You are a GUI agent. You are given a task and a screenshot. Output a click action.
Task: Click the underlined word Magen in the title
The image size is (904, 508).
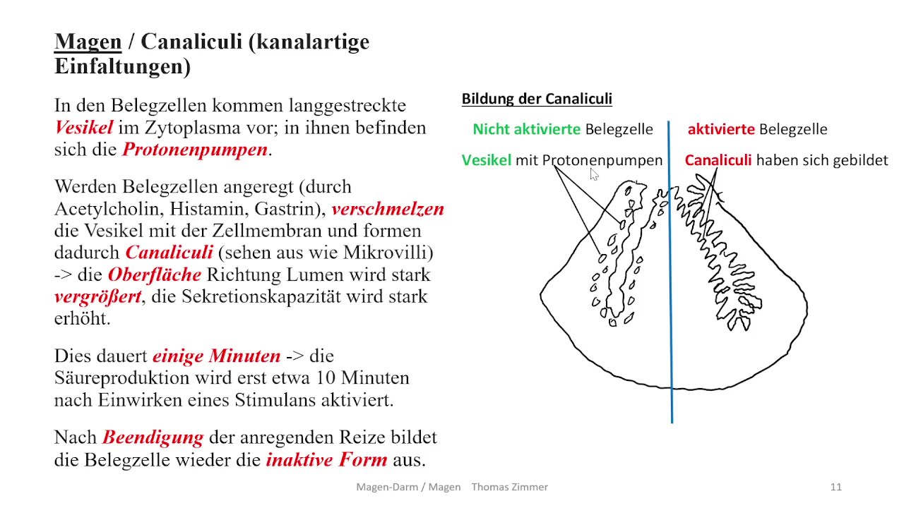pos(88,42)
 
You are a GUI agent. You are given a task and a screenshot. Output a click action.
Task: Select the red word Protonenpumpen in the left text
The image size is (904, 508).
pos(195,150)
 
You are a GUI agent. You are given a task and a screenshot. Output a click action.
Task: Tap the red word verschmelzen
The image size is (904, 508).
pos(387,210)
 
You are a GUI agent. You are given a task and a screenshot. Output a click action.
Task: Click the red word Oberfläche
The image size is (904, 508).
pos(154,274)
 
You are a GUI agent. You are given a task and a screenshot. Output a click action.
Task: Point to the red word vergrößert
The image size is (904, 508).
pos(97,296)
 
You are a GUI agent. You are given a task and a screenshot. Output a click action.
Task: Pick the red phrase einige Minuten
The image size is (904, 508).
pos(216,356)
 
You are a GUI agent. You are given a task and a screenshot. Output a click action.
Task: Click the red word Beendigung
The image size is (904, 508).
pos(153,437)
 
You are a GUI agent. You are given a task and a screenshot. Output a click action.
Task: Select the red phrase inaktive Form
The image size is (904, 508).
pos(326,460)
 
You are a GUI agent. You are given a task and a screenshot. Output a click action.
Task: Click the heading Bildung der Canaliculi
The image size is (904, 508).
pos(536,99)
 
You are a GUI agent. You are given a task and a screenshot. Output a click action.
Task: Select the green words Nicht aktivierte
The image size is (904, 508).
pos(526,129)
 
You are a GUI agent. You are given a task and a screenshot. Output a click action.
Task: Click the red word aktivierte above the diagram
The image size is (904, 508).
pos(720,129)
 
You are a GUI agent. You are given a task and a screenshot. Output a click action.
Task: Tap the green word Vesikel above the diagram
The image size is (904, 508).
pos(486,160)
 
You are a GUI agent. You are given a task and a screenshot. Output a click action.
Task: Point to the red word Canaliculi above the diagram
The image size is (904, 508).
pos(718,160)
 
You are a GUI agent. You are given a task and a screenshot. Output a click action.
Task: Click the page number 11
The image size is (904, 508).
pos(835,487)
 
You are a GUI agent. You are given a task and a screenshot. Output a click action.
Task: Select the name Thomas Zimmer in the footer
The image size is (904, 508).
pos(509,487)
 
